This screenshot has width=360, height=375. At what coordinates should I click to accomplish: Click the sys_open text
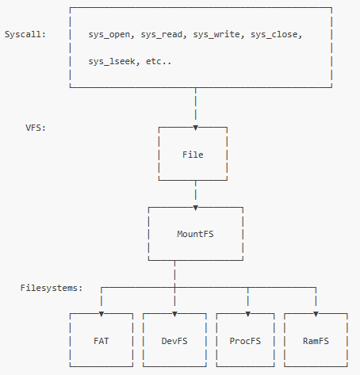click(109, 35)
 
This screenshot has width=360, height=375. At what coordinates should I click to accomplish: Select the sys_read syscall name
click(162, 35)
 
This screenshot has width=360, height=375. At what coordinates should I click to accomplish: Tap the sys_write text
click(216, 35)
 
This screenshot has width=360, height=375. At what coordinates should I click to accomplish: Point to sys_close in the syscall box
click(274, 35)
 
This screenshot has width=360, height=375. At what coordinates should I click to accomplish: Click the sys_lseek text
click(112, 62)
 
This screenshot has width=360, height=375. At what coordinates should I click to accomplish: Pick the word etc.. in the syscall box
click(159, 62)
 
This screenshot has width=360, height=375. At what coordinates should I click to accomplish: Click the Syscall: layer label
click(25, 34)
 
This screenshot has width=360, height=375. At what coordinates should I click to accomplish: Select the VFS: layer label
click(36, 128)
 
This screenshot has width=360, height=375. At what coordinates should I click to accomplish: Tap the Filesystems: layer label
click(52, 288)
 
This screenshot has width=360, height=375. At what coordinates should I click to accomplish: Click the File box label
click(193, 155)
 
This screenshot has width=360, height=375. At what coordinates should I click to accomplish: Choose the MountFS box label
click(195, 234)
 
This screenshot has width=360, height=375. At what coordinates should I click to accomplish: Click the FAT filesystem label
click(101, 341)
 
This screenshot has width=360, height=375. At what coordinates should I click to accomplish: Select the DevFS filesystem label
click(174, 341)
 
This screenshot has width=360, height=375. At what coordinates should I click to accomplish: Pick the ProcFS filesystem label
click(245, 341)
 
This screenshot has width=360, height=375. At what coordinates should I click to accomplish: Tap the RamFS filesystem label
click(316, 341)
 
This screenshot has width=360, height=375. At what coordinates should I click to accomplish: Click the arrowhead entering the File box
click(196, 128)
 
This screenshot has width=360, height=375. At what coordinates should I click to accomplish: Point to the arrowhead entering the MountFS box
click(196, 208)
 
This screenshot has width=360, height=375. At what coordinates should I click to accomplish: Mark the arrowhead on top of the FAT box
click(101, 314)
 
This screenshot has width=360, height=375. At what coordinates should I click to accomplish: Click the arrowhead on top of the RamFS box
click(316, 314)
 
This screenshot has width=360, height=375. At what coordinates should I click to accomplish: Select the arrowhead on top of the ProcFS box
click(248, 314)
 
